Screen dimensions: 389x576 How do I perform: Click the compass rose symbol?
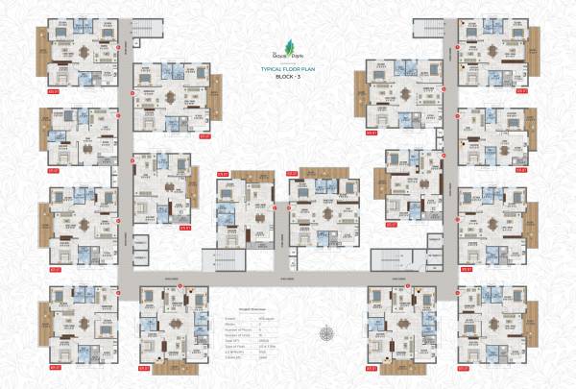[x=328, y=333]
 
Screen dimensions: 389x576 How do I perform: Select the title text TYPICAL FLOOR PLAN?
[x=287, y=70]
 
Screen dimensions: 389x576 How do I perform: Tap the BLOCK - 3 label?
[x=287, y=78]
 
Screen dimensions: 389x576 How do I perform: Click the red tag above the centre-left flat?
[x=223, y=174]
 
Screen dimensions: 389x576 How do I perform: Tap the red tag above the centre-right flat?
[x=293, y=174]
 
